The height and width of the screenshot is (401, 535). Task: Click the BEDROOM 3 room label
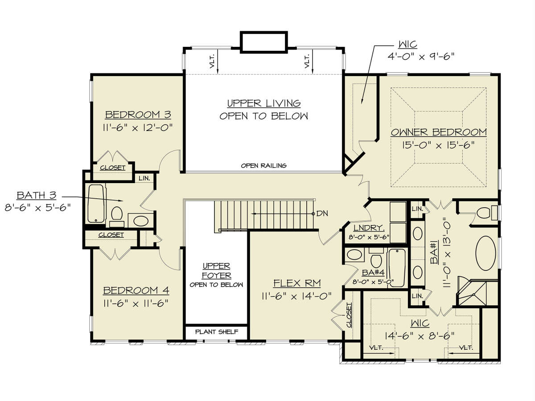pyautogui.click(x=138, y=115)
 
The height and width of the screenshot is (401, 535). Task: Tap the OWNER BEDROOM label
pyautogui.click(x=439, y=132)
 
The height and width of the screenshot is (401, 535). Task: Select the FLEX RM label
pyautogui.click(x=297, y=283)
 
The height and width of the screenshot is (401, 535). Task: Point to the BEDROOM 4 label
pyautogui.click(x=136, y=290)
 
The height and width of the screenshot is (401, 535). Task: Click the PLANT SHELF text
pyautogui.click(x=217, y=331)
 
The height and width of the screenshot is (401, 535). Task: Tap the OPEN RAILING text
pyautogui.click(x=264, y=166)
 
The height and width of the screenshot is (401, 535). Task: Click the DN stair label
pyautogui.click(x=322, y=213)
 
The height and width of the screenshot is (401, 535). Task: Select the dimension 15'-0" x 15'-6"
pyautogui.click(x=439, y=145)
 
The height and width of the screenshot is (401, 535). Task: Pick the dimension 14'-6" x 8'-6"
pyautogui.click(x=420, y=336)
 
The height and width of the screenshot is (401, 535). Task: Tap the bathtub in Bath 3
pyautogui.click(x=96, y=204)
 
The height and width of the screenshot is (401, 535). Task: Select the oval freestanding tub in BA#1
pyautogui.click(x=486, y=253)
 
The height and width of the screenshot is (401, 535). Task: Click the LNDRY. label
pyautogui.click(x=369, y=228)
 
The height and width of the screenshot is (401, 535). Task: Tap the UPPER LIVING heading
pyautogui.click(x=264, y=103)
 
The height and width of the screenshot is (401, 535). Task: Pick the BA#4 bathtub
pyautogui.click(x=397, y=267)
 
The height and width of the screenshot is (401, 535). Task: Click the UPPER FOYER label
pyautogui.click(x=216, y=270)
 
